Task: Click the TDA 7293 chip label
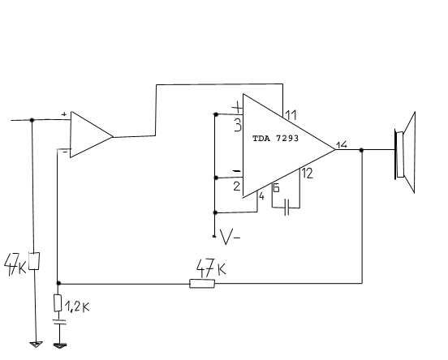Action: point(275,139)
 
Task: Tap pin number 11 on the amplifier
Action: point(291,115)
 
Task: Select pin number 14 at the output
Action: point(342,145)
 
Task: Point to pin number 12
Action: point(308,174)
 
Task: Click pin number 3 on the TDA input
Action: point(238,125)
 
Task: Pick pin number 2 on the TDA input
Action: point(237,186)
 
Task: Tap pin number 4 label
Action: point(261,196)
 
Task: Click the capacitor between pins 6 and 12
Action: point(287,208)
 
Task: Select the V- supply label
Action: point(230,237)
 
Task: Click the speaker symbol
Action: point(405,152)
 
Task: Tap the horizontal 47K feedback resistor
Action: point(202,284)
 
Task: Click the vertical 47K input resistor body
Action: point(34,261)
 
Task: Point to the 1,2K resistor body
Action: point(58,303)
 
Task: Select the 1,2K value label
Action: point(77,306)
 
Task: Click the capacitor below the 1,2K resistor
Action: point(60,323)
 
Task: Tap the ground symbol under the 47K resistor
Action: point(36,345)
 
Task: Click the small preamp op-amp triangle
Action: point(92,135)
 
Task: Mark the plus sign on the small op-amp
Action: point(64,114)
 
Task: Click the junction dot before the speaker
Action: point(361,150)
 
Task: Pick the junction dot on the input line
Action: point(32,120)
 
